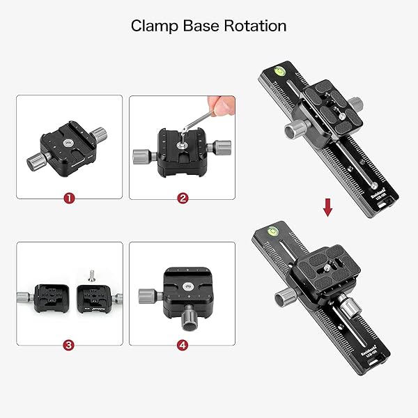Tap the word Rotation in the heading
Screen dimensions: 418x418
point(254,26)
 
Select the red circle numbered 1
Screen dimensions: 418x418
point(68,198)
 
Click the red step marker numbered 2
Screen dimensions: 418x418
point(183,198)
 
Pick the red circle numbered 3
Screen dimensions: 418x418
point(68,344)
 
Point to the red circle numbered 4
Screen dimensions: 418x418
point(183,344)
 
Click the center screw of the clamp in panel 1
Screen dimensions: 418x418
point(68,142)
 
